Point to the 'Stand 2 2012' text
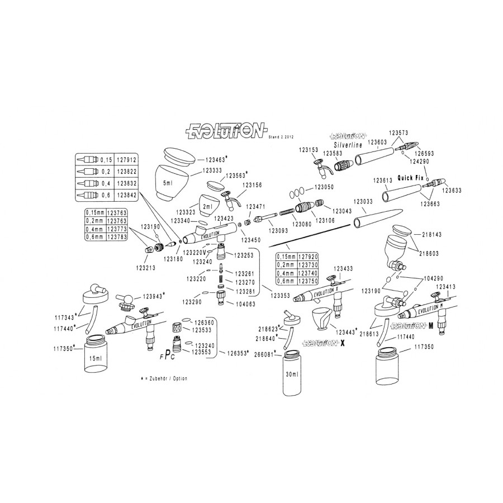282,136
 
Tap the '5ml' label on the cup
166,183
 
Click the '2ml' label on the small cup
207,205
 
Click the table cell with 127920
308,256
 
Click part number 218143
433,235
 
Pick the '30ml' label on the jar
292,373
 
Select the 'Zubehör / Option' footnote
165,378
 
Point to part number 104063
245,304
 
